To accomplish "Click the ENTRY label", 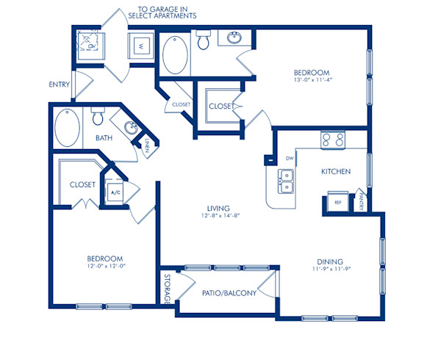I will [60, 84].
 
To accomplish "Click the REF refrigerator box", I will [338, 201].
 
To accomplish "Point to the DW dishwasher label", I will [289, 158].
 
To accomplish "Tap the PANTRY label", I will [362, 201].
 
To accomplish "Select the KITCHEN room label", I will [335, 171].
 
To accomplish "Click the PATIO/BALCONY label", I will [229, 294].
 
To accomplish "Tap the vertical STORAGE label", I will [167, 289].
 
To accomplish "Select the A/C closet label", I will [115, 193].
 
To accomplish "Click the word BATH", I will [104, 138].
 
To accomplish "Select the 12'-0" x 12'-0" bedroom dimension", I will [104, 267].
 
